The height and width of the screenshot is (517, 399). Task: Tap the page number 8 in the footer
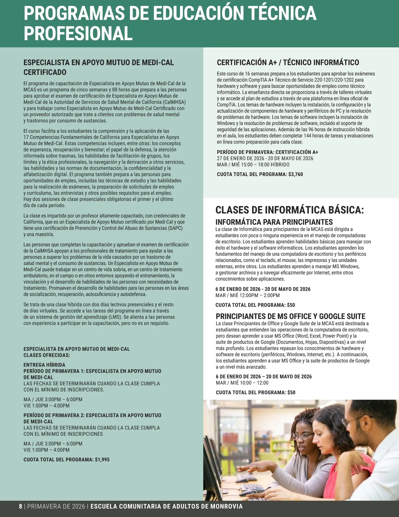[20, 507]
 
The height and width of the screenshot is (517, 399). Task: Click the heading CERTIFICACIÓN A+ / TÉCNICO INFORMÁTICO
[288, 62]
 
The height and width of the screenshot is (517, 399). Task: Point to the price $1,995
[102, 459]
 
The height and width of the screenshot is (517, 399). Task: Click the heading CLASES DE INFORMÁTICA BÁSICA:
[290, 210]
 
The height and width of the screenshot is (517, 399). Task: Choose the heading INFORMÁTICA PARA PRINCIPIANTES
[274, 222]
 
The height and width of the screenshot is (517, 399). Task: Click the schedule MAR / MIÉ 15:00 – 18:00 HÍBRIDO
[253, 164]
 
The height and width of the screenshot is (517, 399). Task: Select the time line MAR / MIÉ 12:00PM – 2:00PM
[247, 295]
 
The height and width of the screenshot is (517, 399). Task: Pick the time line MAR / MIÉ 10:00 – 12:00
[242, 383]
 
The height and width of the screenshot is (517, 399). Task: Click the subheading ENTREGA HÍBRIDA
[44, 365]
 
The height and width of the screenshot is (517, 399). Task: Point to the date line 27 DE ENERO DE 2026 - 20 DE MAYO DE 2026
[265, 158]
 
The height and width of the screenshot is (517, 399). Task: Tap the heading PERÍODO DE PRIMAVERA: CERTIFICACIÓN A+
[267, 152]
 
